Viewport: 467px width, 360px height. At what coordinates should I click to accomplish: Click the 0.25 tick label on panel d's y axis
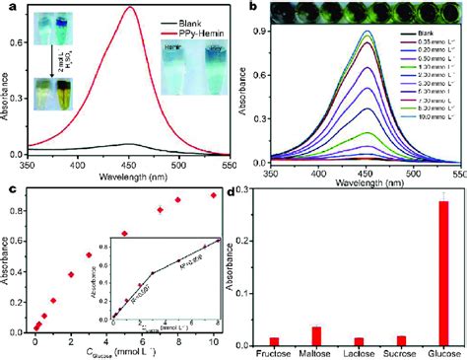coord(244,215)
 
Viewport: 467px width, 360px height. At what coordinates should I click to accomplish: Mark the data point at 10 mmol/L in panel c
coord(212,195)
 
